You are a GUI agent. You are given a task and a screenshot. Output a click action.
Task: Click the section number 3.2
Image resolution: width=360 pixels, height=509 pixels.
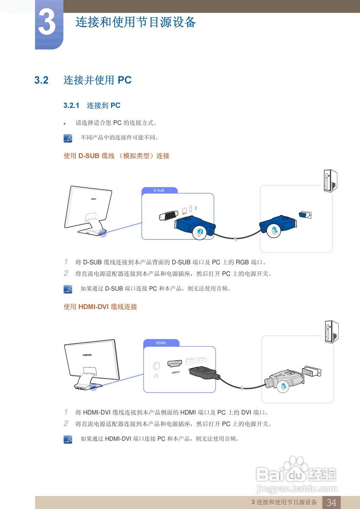[x=41, y=80]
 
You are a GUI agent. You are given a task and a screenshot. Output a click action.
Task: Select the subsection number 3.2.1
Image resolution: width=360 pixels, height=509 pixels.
[x=71, y=106]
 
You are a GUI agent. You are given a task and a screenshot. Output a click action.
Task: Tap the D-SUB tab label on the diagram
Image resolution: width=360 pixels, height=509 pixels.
[x=159, y=190]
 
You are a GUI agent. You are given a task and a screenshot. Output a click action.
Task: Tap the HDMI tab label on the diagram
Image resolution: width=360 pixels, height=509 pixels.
[x=161, y=343]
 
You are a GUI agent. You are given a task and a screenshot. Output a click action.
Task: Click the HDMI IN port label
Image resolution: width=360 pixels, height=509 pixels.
[x=175, y=373]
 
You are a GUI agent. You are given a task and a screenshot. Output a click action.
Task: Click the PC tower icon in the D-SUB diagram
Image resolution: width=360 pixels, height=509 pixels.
[x=331, y=181]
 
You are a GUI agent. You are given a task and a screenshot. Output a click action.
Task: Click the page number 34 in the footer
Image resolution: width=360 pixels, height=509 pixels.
[x=331, y=502]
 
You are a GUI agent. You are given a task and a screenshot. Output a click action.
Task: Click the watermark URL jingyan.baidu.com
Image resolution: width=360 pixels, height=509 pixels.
[x=296, y=488]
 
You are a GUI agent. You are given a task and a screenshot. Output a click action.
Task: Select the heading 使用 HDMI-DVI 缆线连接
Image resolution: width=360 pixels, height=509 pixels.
[x=100, y=307]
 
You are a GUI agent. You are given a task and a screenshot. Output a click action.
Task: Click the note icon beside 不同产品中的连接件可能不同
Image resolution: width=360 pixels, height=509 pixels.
[x=68, y=138]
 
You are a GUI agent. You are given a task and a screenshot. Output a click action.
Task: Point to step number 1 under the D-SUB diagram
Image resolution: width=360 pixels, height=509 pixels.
[x=66, y=262]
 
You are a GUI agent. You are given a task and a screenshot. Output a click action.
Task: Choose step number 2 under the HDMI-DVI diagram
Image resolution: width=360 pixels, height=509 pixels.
[x=66, y=424]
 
